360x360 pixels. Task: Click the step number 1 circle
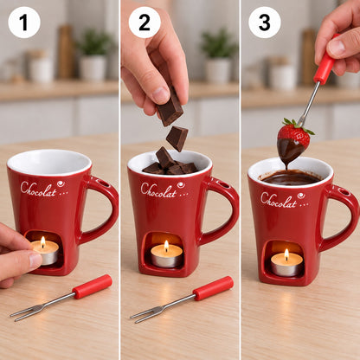(x=24, y=22)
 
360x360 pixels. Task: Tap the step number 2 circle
(x=145, y=22)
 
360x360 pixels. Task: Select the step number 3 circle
(x=265, y=22)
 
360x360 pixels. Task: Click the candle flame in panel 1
(x=43, y=242)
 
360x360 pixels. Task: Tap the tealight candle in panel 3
(x=286, y=263)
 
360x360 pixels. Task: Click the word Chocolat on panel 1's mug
(x=38, y=190)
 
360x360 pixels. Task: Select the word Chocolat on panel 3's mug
(x=279, y=200)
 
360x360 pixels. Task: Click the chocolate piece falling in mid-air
(x=177, y=138)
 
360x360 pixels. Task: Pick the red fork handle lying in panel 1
(x=92, y=286)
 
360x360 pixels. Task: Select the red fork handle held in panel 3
(x=325, y=61)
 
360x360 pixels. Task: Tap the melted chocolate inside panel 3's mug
(x=291, y=177)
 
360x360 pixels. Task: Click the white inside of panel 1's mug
(x=49, y=162)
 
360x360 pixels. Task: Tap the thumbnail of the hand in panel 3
(x=337, y=47)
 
